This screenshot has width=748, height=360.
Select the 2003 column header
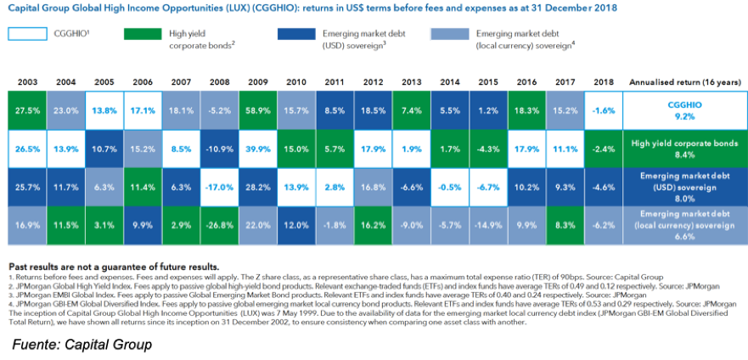click(26, 82)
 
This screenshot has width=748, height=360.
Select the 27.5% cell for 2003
click(26, 110)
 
